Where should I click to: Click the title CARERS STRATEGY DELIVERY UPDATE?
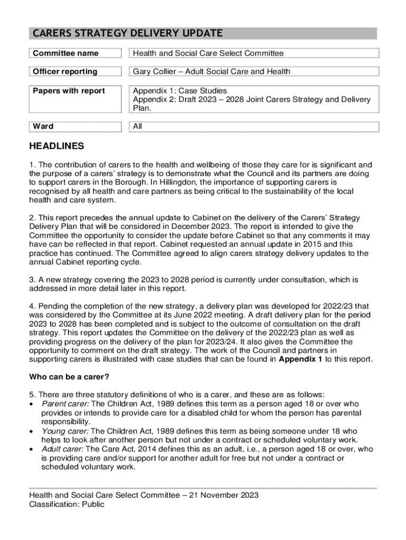tap(128, 34)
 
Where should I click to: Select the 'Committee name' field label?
tap(65, 53)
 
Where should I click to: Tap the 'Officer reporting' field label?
tap(65, 71)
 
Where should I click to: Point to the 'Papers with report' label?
tap(69, 91)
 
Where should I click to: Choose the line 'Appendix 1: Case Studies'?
tap(180, 91)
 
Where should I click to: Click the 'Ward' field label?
tap(43, 127)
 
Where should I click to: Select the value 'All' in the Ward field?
tap(138, 127)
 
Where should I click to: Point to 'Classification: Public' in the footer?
tap(67, 505)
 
